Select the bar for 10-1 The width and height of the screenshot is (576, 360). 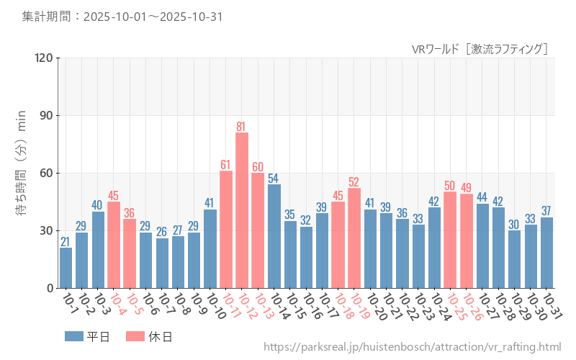coord(66,268)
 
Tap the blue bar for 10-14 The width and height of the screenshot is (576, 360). coord(274,236)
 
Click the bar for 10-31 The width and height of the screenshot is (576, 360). coord(546,253)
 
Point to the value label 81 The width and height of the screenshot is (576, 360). coord(242,127)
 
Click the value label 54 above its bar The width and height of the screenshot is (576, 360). coord(274,178)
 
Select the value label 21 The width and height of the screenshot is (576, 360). coord(66,242)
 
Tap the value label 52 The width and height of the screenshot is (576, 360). coord(354,182)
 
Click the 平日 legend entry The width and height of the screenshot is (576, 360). coord(87,336)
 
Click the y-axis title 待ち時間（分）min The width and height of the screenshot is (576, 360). coord(22,173)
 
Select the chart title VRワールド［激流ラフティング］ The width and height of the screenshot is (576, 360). coord(480,49)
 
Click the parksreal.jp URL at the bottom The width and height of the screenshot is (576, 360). coord(412,347)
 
